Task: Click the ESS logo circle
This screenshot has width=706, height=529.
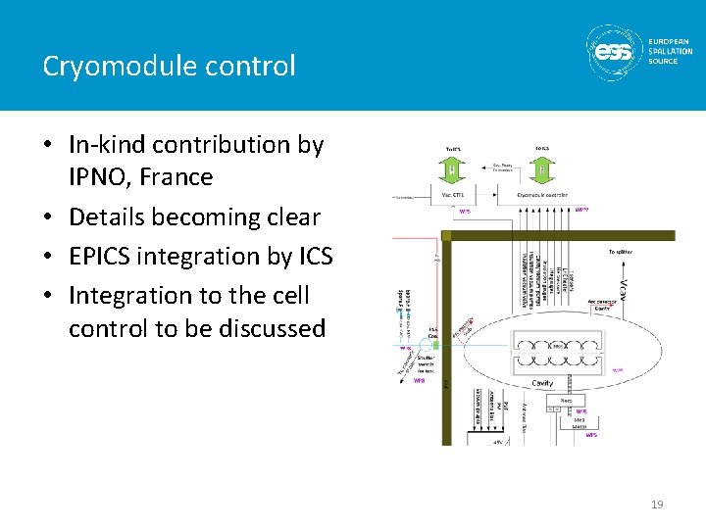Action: [614, 50]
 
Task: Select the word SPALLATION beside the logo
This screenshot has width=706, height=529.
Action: [671, 51]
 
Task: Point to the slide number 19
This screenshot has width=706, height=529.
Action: [657, 505]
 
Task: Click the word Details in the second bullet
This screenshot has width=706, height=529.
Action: [111, 216]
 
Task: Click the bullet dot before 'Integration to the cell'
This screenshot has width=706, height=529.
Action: [48, 295]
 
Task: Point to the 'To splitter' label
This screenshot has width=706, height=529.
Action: [620, 252]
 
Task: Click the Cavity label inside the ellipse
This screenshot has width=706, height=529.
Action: [542, 383]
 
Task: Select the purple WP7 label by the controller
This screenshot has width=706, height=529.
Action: [580, 209]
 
